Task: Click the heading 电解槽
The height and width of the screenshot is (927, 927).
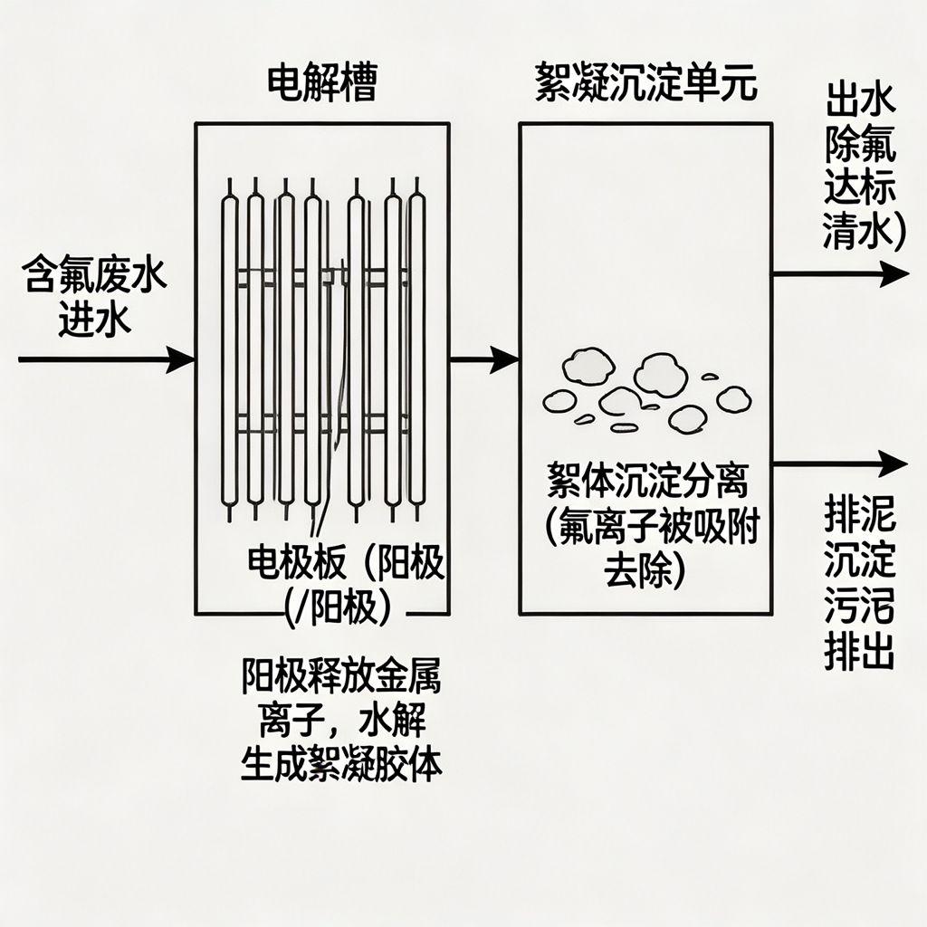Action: [321, 83]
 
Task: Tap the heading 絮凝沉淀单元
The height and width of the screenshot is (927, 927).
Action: [645, 84]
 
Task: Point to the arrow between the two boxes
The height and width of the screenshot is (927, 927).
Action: [484, 360]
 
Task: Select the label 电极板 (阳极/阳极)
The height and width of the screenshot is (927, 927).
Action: [344, 585]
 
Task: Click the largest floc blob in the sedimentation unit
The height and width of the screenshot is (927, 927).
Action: [661, 374]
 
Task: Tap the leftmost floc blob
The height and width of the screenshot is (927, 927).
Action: [558, 400]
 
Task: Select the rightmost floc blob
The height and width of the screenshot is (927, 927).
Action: [733, 398]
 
